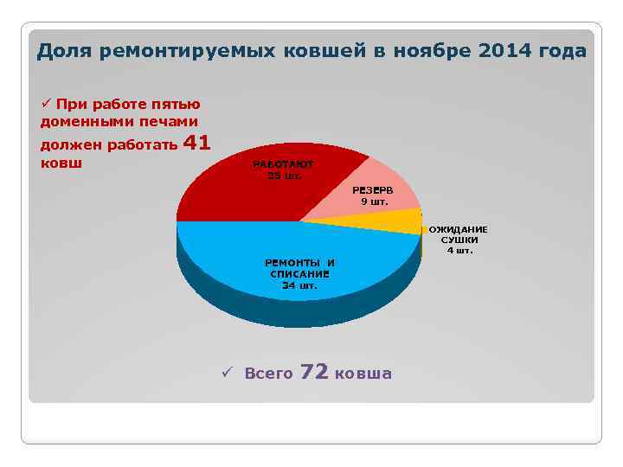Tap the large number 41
(x=197, y=143)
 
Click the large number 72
(x=313, y=372)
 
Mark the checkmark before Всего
(x=226, y=374)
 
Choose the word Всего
(x=268, y=374)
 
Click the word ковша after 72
(x=363, y=374)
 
